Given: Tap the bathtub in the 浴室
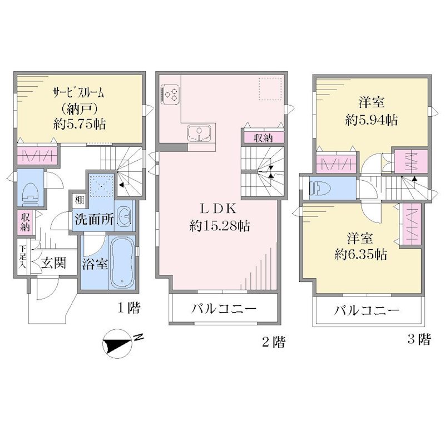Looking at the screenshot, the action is [122, 262].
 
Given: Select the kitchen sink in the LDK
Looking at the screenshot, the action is [199, 133].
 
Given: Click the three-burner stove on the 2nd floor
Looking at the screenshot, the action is [170, 93].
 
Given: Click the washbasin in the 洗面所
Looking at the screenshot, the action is [124, 216].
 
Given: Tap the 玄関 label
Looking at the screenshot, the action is [53, 263].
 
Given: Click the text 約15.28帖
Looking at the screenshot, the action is [220, 226].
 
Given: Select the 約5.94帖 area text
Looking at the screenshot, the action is [371, 120].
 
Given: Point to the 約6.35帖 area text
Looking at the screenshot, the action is [360, 255].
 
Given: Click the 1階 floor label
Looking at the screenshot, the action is [129, 308].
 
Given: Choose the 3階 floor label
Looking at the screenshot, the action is [419, 339].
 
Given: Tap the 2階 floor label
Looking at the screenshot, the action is [273, 342].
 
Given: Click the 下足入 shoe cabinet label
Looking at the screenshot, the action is [22, 257].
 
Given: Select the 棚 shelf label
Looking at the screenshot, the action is [79, 200].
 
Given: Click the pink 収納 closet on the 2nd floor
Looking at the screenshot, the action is [263, 138].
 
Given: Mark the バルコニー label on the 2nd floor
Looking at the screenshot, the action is [224, 309].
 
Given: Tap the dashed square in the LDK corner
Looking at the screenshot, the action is [270, 88].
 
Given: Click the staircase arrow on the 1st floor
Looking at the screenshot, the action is [122, 185].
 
